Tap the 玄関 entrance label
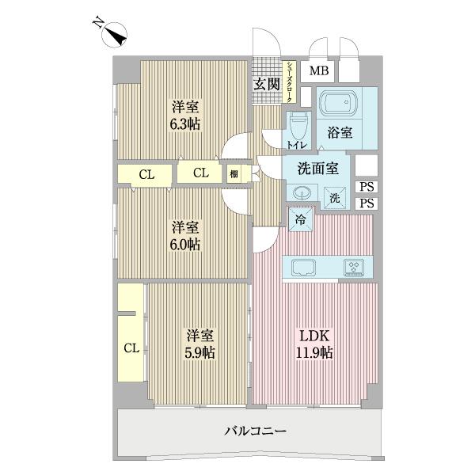point(267,84)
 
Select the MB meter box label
point(319,72)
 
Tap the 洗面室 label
point(318,168)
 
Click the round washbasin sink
point(302,193)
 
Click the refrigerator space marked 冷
point(302,219)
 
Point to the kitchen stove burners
point(352,267)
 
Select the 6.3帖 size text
point(183,125)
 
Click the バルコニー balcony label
point(253,431)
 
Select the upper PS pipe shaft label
point(366,187)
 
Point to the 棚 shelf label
point(234,173)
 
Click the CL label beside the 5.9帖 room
point(131,348)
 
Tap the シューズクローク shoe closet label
point(291,82)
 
